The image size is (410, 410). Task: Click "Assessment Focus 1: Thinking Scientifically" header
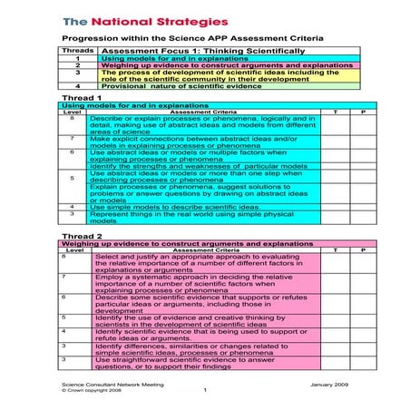click(205, 51)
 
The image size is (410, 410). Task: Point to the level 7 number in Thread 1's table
click(72, 139)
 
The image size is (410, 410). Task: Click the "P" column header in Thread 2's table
click(362, 249)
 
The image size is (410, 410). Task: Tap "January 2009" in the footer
click(330, 385)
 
